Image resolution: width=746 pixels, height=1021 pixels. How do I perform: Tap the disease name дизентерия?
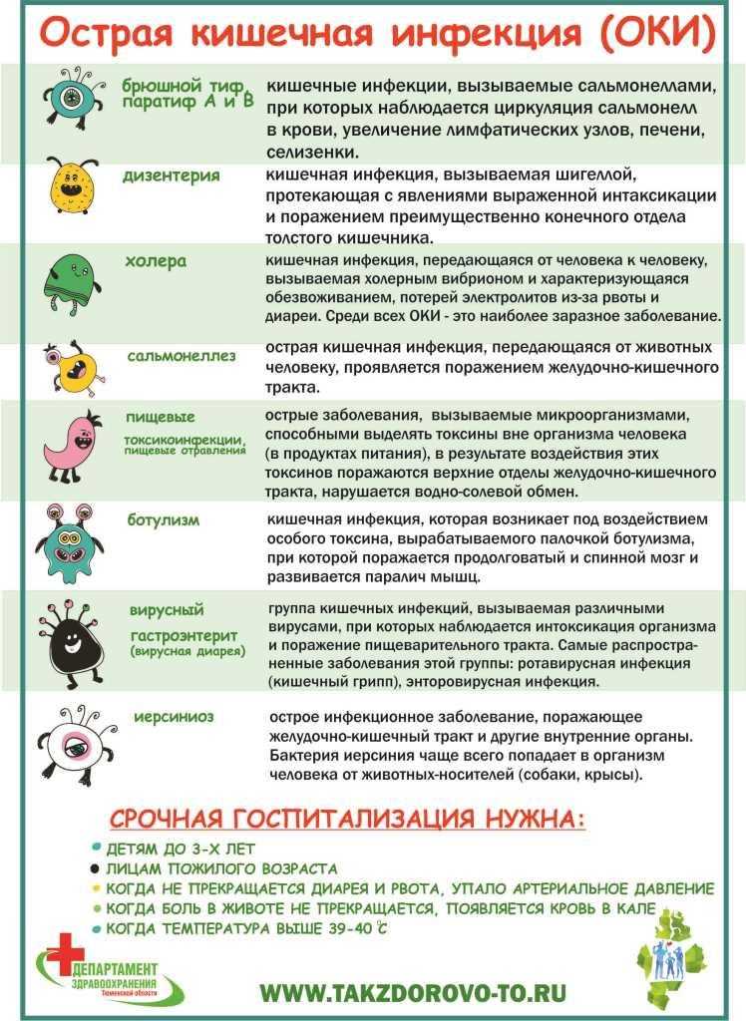pyautogui.click(x=171, y=175)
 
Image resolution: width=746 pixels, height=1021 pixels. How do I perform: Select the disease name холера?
pyautogui.click(x=155, y=261)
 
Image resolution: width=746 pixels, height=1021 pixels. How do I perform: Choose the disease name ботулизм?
pyautogui.click(x=164, y=519)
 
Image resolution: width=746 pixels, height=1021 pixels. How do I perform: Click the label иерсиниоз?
pyautogui.click(x=175, y=717)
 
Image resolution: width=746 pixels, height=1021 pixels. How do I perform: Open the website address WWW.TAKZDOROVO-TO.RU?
pyautogui.click(x=413, y=992)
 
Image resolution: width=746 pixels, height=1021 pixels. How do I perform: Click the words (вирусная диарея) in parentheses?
pyautogui.click(x=187, y=651)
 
